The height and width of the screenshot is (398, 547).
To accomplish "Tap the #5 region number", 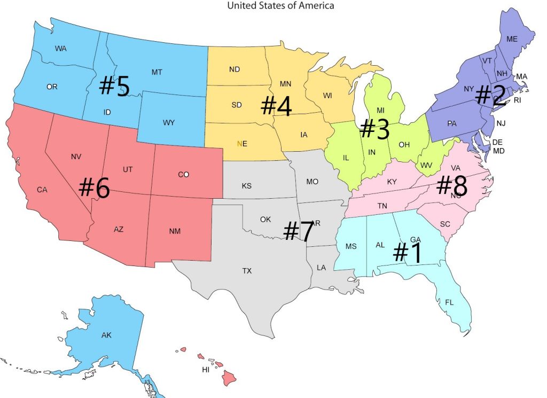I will [114, 86].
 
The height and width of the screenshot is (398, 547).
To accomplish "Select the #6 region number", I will [94, 189].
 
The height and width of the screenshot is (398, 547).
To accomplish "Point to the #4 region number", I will [276, 106].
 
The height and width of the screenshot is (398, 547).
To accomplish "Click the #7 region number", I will [298, 231].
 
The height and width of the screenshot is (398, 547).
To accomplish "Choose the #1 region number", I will [407, 253].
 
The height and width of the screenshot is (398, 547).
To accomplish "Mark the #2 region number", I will [490, 95].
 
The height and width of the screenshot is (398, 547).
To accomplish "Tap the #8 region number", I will [451, 186].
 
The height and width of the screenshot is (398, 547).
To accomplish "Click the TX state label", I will [247, 271].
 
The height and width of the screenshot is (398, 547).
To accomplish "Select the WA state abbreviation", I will [61, 49].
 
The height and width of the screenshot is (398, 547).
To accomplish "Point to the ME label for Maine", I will [512, 39].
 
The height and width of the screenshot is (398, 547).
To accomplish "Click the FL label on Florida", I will [450, 302].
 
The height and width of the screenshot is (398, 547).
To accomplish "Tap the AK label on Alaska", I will [106, 335].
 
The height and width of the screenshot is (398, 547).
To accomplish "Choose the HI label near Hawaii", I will [205, 370].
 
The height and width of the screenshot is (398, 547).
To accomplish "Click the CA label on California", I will [42, 190].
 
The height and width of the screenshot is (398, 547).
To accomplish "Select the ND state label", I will [234, 69].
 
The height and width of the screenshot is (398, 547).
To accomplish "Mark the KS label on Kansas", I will [246, 186].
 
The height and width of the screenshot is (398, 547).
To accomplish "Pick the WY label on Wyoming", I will [169, 123].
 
